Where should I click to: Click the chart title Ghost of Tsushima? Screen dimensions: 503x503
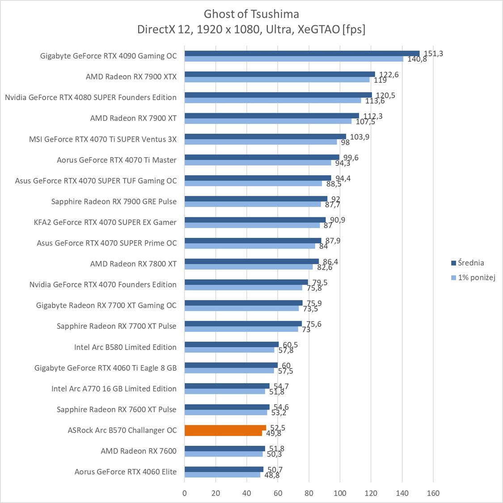pos(251,13)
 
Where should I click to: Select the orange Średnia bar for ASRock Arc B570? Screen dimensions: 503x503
pos(225,428)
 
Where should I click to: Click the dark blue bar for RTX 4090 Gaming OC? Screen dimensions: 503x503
pos(302,54)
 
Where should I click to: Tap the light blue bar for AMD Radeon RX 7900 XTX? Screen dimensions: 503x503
pos(277,80)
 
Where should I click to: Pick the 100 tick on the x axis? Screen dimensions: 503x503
pos(340,493)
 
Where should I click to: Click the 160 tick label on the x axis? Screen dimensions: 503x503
pos(433,493)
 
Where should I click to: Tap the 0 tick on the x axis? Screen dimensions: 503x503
pos(185,493)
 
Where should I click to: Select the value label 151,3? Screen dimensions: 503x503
pos(433,54)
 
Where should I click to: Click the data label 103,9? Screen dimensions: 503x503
pos(359,137)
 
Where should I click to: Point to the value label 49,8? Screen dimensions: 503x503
pos(273,433)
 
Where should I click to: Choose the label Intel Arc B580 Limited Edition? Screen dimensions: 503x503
pos(125,347)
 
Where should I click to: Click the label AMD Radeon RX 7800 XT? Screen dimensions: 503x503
pos(133,264)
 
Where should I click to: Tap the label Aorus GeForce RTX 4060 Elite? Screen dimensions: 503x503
pos(125,472)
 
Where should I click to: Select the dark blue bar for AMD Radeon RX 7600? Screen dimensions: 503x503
pos(224,448)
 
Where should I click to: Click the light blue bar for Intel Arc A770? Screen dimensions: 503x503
pos(224,391)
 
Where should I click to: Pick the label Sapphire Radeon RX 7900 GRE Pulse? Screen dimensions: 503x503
pos(114,202)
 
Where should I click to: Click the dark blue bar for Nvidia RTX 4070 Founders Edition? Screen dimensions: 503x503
pos(246,282)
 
